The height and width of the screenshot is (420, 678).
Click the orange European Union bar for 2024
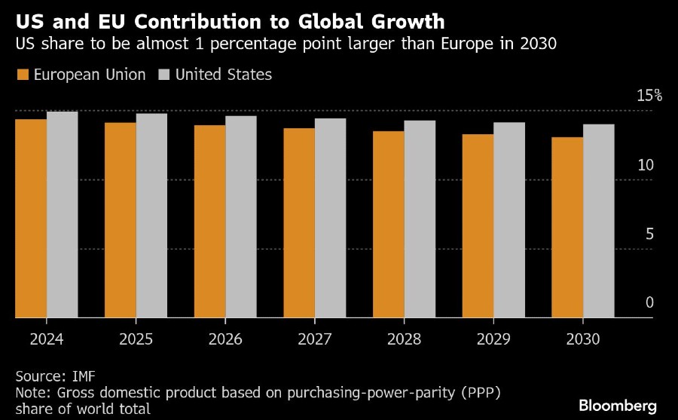click(31, 219)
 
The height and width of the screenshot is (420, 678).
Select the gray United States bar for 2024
click(63, 215)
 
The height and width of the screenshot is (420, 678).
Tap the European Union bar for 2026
click(209, 222)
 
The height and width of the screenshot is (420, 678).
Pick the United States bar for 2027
click(330, 218)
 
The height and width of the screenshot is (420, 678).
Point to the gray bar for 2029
click(509, 220)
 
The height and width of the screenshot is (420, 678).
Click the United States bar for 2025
click(151, 216)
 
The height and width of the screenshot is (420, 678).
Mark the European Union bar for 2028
click(388, 225)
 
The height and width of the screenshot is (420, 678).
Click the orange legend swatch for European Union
click(22, 75)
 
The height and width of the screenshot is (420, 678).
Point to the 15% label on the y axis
click(649, 96)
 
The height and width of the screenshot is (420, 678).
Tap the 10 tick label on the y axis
click(646, 165)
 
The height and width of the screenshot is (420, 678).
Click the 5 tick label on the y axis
click(649, 234)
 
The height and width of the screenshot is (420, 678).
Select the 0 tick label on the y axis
click(649, 302)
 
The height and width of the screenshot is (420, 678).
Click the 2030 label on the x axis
click(584, 339)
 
